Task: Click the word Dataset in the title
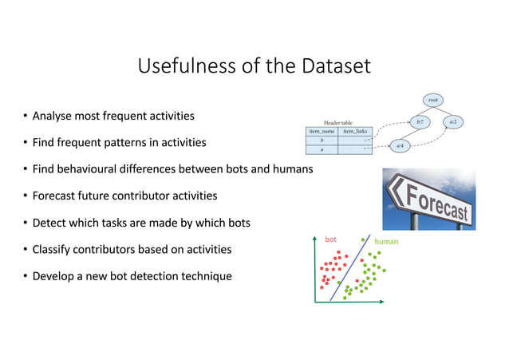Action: (336, 66)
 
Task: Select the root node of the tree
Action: (432, 100)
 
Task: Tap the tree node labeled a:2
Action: (452, 122)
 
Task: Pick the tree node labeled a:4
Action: (400, 146)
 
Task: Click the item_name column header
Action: (322, 131)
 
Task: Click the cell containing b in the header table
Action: (322, 140)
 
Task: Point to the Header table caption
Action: (338, 122)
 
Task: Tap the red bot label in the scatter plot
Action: (330, 239)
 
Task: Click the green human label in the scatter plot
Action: (386, 241)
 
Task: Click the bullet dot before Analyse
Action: (25, 117)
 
